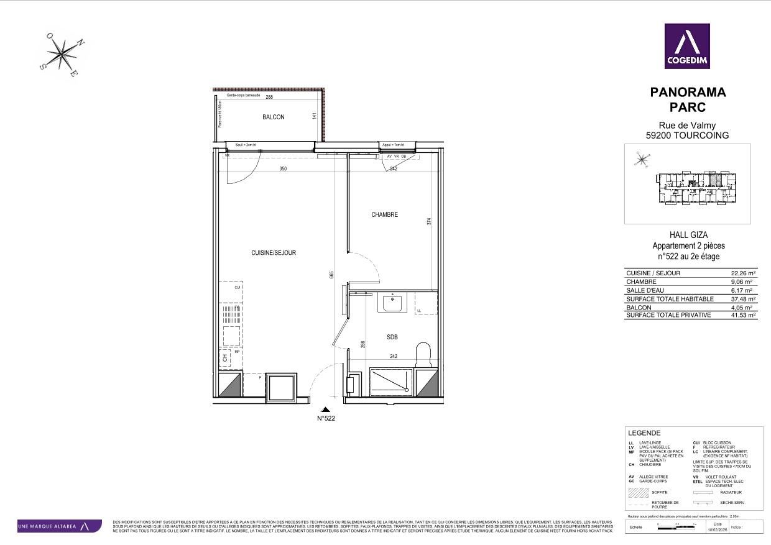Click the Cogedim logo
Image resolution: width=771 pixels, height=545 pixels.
tap(687, 46)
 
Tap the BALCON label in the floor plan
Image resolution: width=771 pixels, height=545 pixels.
tap(273, 117)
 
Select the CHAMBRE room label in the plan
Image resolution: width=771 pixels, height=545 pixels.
tap(384, 215)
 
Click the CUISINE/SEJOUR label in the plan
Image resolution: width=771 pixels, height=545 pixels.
tap(273, 253)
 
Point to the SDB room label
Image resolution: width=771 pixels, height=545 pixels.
tap(392, 337)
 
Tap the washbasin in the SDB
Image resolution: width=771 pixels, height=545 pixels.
tap(392, 304)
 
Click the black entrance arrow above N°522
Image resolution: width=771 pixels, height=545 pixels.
tap(326, 410)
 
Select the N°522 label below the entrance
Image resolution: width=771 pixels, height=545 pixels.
tap(326, 419)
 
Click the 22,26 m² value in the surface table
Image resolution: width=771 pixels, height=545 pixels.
tap(743, 273)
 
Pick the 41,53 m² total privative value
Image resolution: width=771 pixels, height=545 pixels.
tap(743, 316)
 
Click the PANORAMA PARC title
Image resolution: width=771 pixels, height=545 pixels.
tap(687, 99)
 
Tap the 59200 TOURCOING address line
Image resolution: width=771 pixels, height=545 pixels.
tap(687, 135)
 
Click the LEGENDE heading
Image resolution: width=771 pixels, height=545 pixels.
tap(644, 433)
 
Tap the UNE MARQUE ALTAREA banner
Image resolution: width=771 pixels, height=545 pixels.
tap(59, 526)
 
